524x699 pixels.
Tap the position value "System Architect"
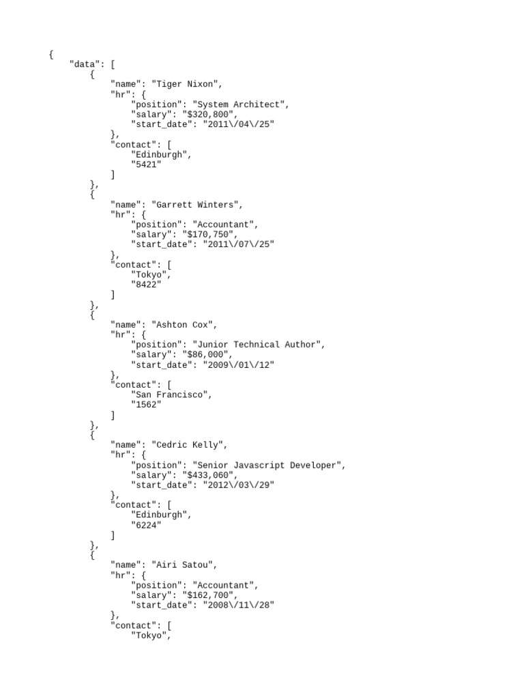(x=241, y=104)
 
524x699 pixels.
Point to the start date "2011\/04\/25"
(x=239, y=124)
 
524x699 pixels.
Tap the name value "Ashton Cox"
(x=184, y=324)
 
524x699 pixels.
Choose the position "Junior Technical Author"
(x=259, y=345)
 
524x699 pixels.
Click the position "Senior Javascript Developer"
(x=269, y=465)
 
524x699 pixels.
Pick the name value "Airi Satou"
(x=184, y=565)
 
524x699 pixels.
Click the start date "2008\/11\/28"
(x=239, y=605)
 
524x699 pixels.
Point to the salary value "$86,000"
(x=205, y=355)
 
